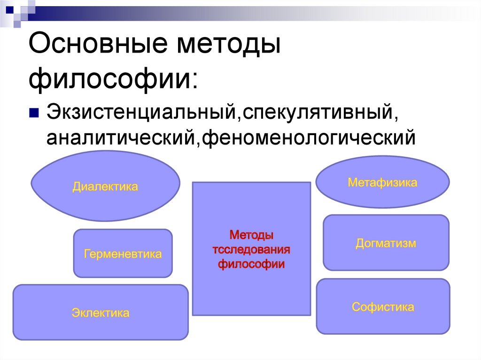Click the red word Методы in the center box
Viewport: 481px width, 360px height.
point(251,234)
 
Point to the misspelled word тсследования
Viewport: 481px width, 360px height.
point(251,249)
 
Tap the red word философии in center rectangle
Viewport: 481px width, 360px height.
point(251,264)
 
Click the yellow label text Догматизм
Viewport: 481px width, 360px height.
point(386,243)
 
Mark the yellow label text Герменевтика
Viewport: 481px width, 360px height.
point(123,254)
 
